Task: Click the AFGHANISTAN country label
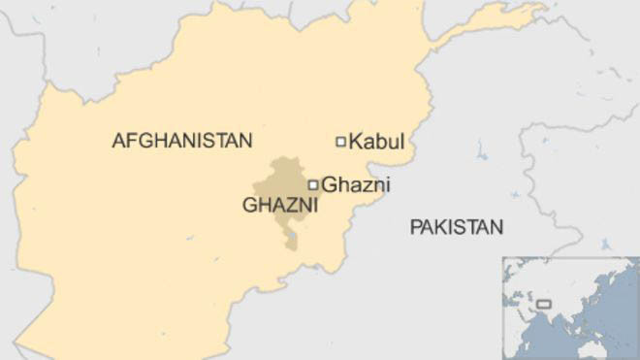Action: pyautogui.click(x=181, y=141)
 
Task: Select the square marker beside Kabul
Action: pyautogui.click(x=340, y=142)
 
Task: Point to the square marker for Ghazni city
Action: pyautogui.click(x=313, y=184)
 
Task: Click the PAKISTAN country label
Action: pyautogui.click(x=457, y=228)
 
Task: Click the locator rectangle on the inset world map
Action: pyautogui.click(x=544, y=304)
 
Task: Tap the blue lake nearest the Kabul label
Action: pyautogui.click(x=482, y=150)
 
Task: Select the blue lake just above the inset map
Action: pyautogui.click(x=606, y=244)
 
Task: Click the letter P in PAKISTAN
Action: pyautogui.click(x=415, y=228)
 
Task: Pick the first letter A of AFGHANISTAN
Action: pyautogui.click(x=118, y=141)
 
